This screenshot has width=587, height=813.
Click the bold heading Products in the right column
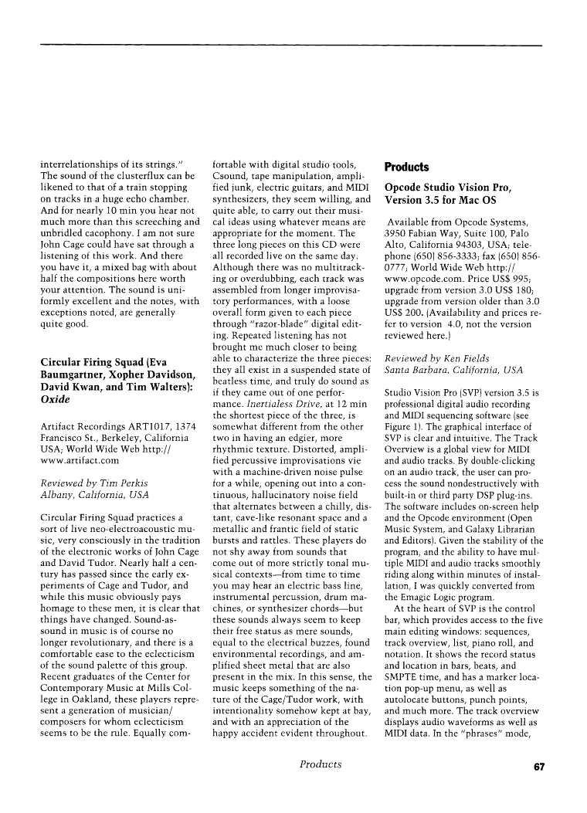click(x=406, y=167)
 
